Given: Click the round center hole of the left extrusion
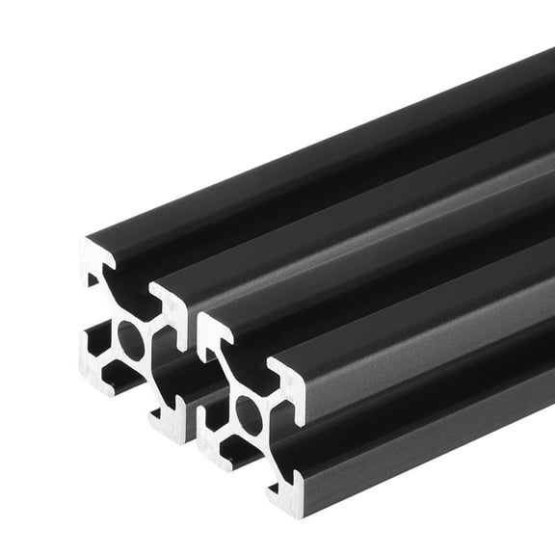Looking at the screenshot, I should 130,341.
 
